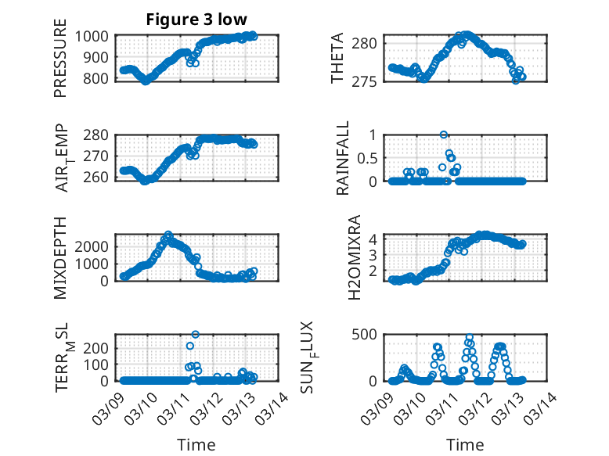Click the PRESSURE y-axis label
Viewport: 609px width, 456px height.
point(60,65)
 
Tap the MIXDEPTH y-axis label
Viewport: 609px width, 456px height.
point(60,257)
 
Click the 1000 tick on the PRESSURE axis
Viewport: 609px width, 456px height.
point(95,36)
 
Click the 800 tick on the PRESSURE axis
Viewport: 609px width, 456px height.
point(99,78)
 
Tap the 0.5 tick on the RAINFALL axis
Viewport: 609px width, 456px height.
point(368,157)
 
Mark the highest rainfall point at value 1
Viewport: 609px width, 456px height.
point(444,135)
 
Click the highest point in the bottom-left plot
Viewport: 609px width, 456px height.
point(195,335)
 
